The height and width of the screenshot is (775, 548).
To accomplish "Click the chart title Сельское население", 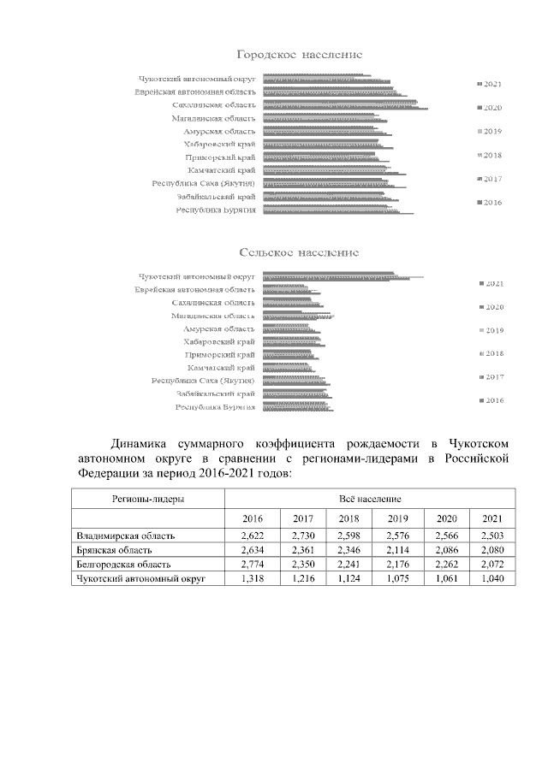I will (x=299, y=253).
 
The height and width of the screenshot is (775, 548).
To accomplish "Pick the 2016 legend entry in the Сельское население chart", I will (x=491, y=400).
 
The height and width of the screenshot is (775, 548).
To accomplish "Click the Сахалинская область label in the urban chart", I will (x=213, y=104).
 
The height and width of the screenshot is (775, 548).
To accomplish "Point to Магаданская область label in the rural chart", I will (x=212, y=316).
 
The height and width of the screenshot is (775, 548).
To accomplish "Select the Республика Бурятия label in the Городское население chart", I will (x=216, y=210).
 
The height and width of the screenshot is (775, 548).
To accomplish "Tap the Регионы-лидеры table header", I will (x=147, y=498).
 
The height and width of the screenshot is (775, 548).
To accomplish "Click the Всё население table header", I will (x=370, y=498).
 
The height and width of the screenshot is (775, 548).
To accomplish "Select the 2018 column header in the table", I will (x=348, y=519).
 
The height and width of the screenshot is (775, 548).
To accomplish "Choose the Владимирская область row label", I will (x=126, y=536).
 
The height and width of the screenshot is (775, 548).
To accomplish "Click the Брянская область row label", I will (x=114, y=550).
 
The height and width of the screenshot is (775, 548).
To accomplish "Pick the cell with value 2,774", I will (x=253, y=565).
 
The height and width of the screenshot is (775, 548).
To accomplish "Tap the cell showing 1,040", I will (x=492, y=579).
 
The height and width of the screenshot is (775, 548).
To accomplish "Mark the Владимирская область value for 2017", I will (x=303, y=536).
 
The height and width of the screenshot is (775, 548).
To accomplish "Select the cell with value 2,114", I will (x=397, y=550).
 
